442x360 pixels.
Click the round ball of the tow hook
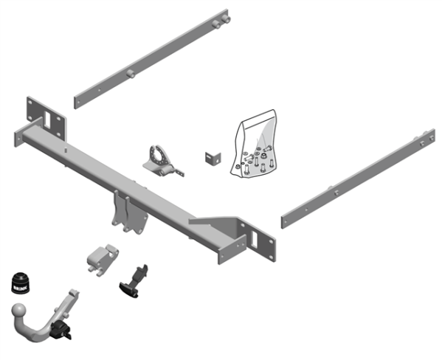21,313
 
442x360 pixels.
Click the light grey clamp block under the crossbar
103,259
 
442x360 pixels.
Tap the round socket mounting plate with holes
158,157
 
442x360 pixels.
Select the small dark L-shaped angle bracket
212,158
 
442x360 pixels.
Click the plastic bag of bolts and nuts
255,148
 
